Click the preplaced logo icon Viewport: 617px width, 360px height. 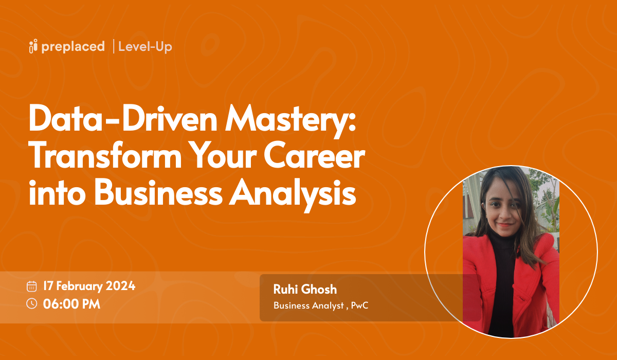pos(34,46)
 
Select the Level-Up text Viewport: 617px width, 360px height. pos(145,46)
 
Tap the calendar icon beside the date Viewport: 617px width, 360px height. pos(32,286)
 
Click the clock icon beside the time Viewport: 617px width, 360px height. pos(32,303)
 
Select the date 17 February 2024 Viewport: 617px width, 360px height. pos(89,286)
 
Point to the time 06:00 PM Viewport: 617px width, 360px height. pos(71,303)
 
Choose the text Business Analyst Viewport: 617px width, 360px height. pos(307,305)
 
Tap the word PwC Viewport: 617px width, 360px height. pos(360,305)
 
